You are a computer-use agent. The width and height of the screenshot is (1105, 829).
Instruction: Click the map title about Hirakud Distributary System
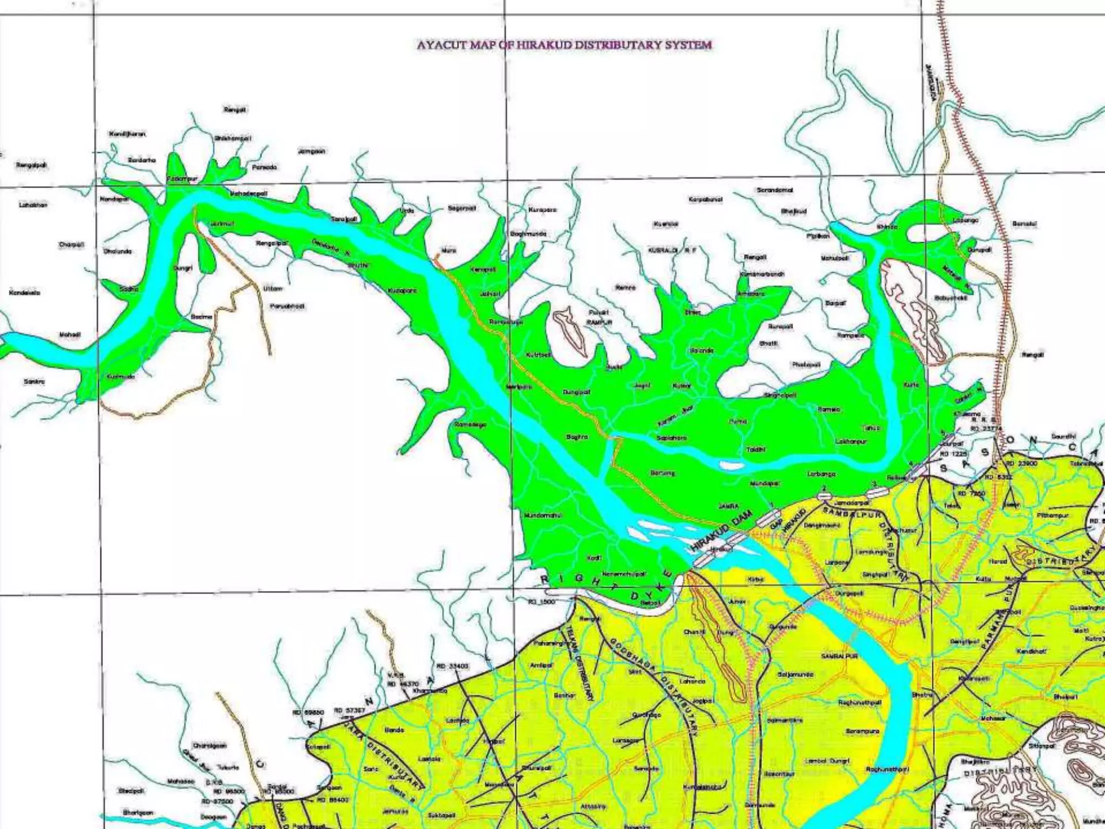click(x=564, y=45)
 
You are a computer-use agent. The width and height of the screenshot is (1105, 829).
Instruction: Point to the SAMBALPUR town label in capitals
click(x=840, y=656)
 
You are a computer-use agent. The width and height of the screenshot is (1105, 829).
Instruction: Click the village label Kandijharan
click(x=127, y=134)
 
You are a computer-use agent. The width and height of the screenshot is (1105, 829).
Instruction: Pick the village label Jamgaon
click(x=311, y=152)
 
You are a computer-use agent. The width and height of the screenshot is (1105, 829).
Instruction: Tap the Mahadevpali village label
click(x=248, y=193)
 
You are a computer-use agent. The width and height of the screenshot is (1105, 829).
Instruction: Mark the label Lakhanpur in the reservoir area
click(x=851, y=441)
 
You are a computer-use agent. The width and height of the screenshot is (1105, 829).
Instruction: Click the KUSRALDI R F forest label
click(x=672, y=250)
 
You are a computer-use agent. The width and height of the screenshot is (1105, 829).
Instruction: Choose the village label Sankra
click(x=35, y=382)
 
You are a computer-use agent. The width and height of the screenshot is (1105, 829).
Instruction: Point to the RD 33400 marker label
click(x=452, y=666)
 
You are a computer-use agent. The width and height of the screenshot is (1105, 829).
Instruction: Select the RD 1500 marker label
click(x=541, y=601)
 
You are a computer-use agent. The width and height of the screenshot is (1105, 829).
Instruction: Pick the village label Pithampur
click(x=1052, y=515)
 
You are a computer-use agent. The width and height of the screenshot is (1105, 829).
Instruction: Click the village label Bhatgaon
click(x=138, y=812)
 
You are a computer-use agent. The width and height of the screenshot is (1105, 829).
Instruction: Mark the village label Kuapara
click(x=542, y=209)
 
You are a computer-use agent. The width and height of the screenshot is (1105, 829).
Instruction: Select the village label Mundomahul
click(x=543, y=515)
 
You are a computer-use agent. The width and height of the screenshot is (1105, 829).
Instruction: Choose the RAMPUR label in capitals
click(x=599, y=322)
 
